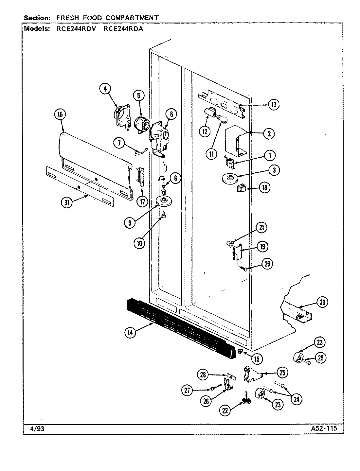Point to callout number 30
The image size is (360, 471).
(322, 303)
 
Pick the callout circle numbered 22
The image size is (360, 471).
(225, 411)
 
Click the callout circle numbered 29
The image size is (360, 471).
(320, 358)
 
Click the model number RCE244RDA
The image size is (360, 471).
(123, 28)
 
